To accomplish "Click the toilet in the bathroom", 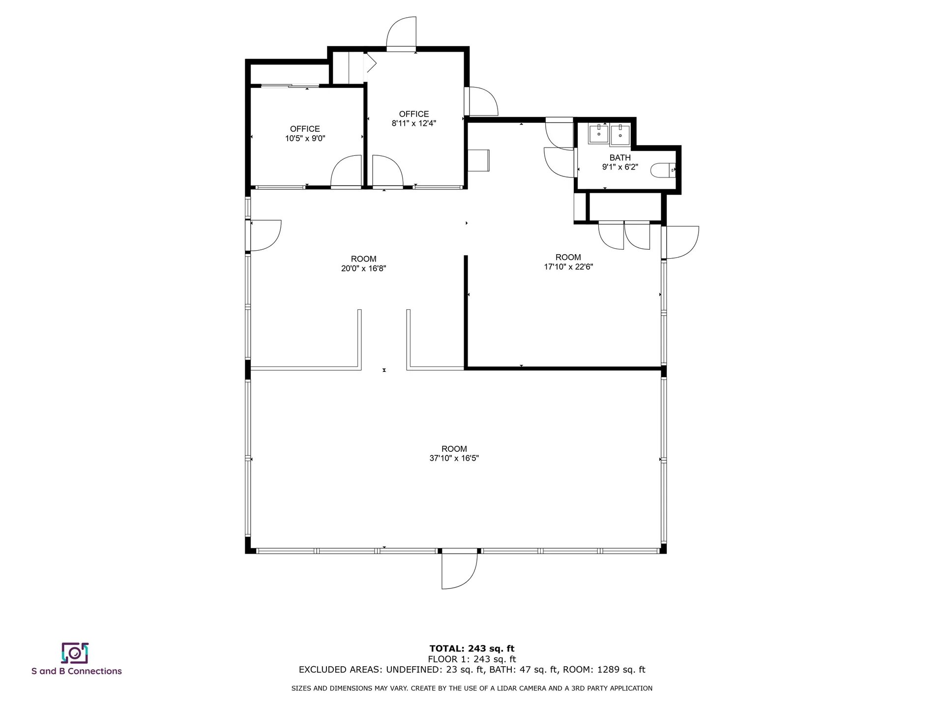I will click(x=663, y=170).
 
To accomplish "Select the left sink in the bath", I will click(x=598, y=133).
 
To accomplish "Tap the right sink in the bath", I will click(x=620, y=134).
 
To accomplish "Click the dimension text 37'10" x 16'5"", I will click(x=454, y=458).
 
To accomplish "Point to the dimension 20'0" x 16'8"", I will click(x=363, y=268).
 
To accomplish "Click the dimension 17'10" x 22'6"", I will click(x=568, y=267).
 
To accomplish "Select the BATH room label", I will click(x=620, y=158).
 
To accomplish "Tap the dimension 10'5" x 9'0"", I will click(x=305, y=139).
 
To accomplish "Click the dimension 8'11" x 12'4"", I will click(x=413, y=123).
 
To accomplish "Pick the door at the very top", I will click(x=402, y=33).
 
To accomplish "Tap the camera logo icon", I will click(x=75, y=653).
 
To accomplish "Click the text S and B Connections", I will click(x=77, y=671).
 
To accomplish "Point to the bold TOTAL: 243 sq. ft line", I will click(x=472, y=649).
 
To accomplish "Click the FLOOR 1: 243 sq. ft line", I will click(x=472, y=659).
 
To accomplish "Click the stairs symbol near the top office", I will click(x=348, y=68).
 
